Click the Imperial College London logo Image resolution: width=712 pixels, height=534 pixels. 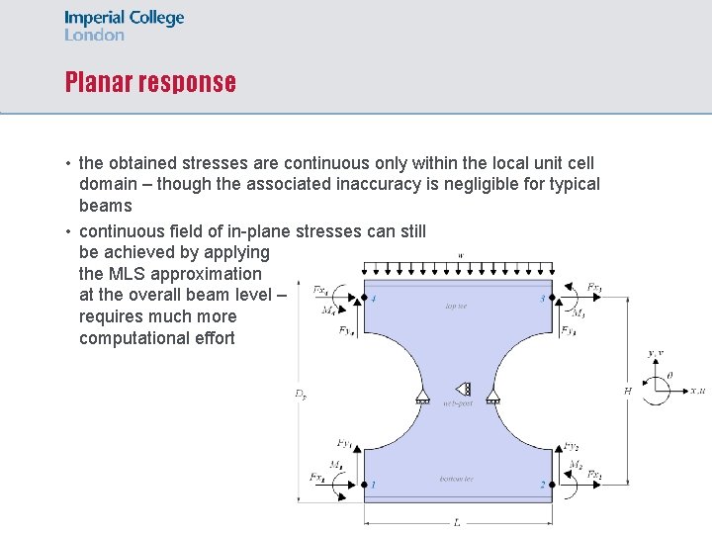pos(124,26)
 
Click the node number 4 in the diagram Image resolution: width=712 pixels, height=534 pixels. pos(373,300)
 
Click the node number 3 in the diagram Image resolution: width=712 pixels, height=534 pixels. pos(542,299)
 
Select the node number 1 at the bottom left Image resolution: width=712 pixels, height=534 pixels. pos(373,485)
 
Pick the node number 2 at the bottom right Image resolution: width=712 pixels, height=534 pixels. pos(542,485)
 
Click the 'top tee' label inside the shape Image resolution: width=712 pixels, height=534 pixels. pos(456,307)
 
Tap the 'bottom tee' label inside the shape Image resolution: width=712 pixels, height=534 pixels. pos(456,480)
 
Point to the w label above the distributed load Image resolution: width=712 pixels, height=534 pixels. pos(460,256)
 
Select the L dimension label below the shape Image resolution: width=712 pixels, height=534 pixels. pos(456,522)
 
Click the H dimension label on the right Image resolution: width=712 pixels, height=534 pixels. pos(627,392)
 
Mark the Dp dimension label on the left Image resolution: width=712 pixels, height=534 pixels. pos(300,394)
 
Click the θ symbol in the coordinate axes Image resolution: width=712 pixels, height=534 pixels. pos(669,376)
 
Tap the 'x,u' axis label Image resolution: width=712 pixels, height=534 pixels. pos(697,392)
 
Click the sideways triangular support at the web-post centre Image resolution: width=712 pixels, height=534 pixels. pos(462,390)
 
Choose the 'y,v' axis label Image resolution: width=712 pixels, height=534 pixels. pos(655,353)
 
